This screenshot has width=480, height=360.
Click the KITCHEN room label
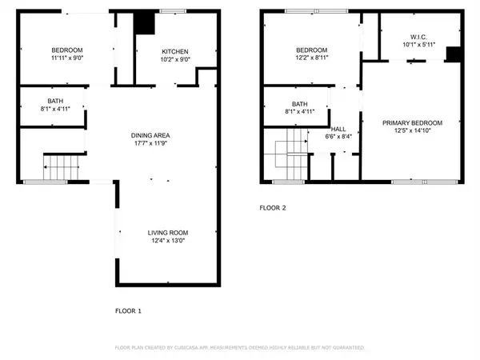pyautogui.click(x=175, y=52)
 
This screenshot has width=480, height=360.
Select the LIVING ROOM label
pyautogui.click(x=168, y=233)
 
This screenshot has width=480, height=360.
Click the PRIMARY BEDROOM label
pyautogui.click(x=412, y=122)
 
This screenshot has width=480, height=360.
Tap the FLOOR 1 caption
pyautogui.click(x=130, y=310)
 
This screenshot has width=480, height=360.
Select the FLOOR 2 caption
pyautogui.click(x=272, y=207)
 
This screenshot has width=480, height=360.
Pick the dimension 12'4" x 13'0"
pyautogui.click(x=168, y=242)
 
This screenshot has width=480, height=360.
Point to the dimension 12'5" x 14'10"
pyautogui.click(x=412, y=132)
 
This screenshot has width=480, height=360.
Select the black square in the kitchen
pyautogui.click(x=144, y=24)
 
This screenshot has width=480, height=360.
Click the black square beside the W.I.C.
pyautogui.click(x=453, y=54)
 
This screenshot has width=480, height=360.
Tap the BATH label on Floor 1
pyautogui.click(x=55, y=101)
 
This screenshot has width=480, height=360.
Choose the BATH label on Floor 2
pyautogui.click(x=300, y=104)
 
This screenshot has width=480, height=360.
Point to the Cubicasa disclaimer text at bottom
pyautogui.click(x=240, y=348)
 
